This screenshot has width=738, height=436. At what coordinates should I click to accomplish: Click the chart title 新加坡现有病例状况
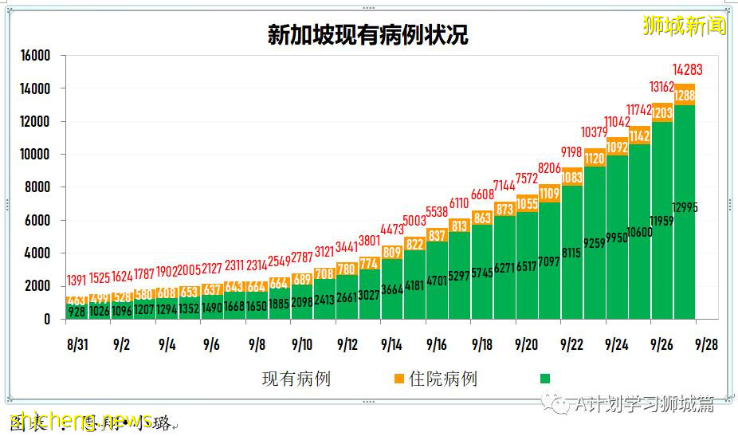[367, 35]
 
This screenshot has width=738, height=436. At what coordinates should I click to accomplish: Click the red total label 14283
[687, 70]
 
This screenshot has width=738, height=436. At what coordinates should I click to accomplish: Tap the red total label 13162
[661, 88]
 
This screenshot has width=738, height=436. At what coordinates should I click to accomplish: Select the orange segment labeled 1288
[685, 96]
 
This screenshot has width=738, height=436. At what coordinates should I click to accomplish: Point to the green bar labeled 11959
[662, 221]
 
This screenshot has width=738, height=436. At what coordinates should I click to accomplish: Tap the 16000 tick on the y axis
[36, 56]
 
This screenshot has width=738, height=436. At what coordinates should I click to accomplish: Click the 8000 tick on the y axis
[38, 187]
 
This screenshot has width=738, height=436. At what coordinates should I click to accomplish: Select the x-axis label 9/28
[707, 345]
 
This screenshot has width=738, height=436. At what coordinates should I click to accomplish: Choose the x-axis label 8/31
[77, 345]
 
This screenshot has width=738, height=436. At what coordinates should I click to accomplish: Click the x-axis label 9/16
[437, 345]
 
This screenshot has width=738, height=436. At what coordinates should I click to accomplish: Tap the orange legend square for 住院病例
[399, 379]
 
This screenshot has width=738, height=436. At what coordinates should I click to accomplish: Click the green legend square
[545, 379]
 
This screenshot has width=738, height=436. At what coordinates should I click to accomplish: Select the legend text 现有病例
[296, 379]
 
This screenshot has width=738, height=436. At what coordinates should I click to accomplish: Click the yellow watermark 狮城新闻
[685, 26]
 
